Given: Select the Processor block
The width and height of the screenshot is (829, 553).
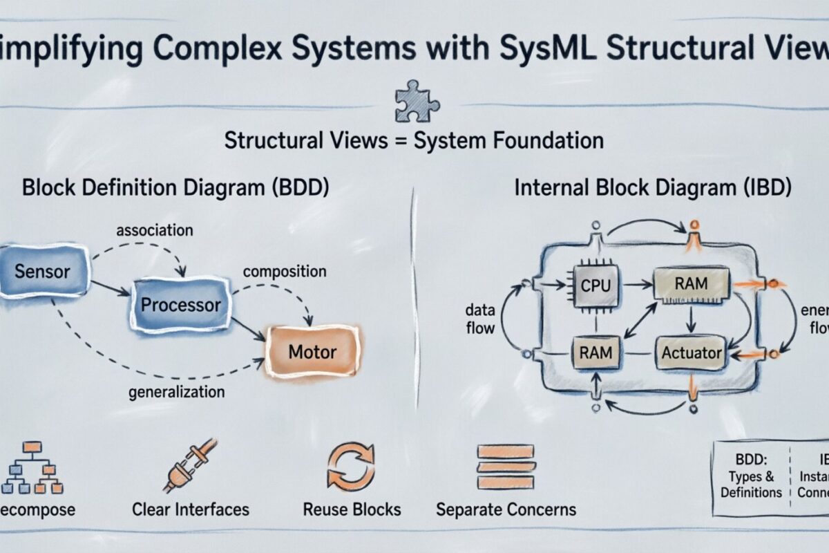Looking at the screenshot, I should click(x=180, y=305).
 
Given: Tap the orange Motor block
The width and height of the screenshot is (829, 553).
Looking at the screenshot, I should click(x=312, y=352).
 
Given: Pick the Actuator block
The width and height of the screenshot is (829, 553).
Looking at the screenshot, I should click(x=691, y=353).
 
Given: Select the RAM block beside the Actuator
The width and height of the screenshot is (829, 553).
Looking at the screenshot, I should click(x=596, y=353).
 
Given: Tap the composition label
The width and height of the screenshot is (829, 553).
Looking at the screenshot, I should click(x=284, y=272).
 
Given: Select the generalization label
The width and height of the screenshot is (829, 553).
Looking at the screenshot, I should click(x=177, y=392).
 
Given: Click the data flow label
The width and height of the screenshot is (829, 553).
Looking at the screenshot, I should click(x=479, y=319).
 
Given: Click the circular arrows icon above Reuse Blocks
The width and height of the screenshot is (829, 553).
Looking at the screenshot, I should click(x=351, y=466).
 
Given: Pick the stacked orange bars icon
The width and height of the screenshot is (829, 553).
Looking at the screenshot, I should click(x=506, y=466).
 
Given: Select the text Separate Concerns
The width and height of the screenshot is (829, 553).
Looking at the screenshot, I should click(x=506, y=510).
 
